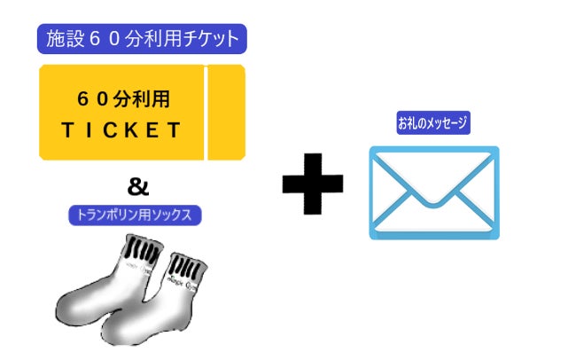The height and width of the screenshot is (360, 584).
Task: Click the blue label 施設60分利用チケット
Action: click(x=142, y=38)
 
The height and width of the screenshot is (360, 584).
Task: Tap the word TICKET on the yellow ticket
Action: click(x=121, y=130)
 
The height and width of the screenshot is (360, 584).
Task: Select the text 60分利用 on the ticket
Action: click(x=121, y=94)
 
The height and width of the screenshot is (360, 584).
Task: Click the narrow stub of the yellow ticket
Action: click(x=225, y=113)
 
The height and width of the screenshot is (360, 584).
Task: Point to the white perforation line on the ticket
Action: click(x=205, y=113)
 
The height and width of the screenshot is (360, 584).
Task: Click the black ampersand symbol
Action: click(x=138, y=187)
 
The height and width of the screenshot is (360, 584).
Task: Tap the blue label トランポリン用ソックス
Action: click(x=136, y=215)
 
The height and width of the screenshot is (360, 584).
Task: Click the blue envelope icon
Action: click(x=433, y=193)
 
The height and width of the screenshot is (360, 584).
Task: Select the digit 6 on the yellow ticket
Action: click(x=82, y=94)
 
